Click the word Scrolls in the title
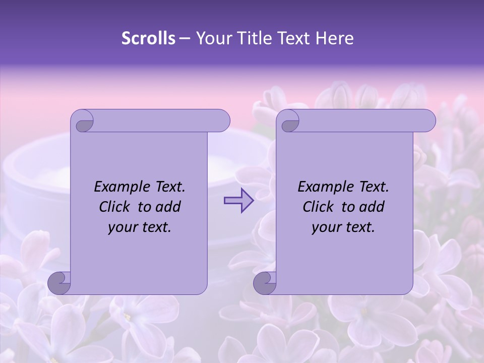[x=149, y=38]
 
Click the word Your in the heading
[x=213, y=38]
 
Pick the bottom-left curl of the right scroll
[x=265, y=283]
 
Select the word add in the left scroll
[x=168, y=207]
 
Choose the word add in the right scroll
[x=372, y=207]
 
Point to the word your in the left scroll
[x=122, y=227]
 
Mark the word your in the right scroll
[x=326, y=227]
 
